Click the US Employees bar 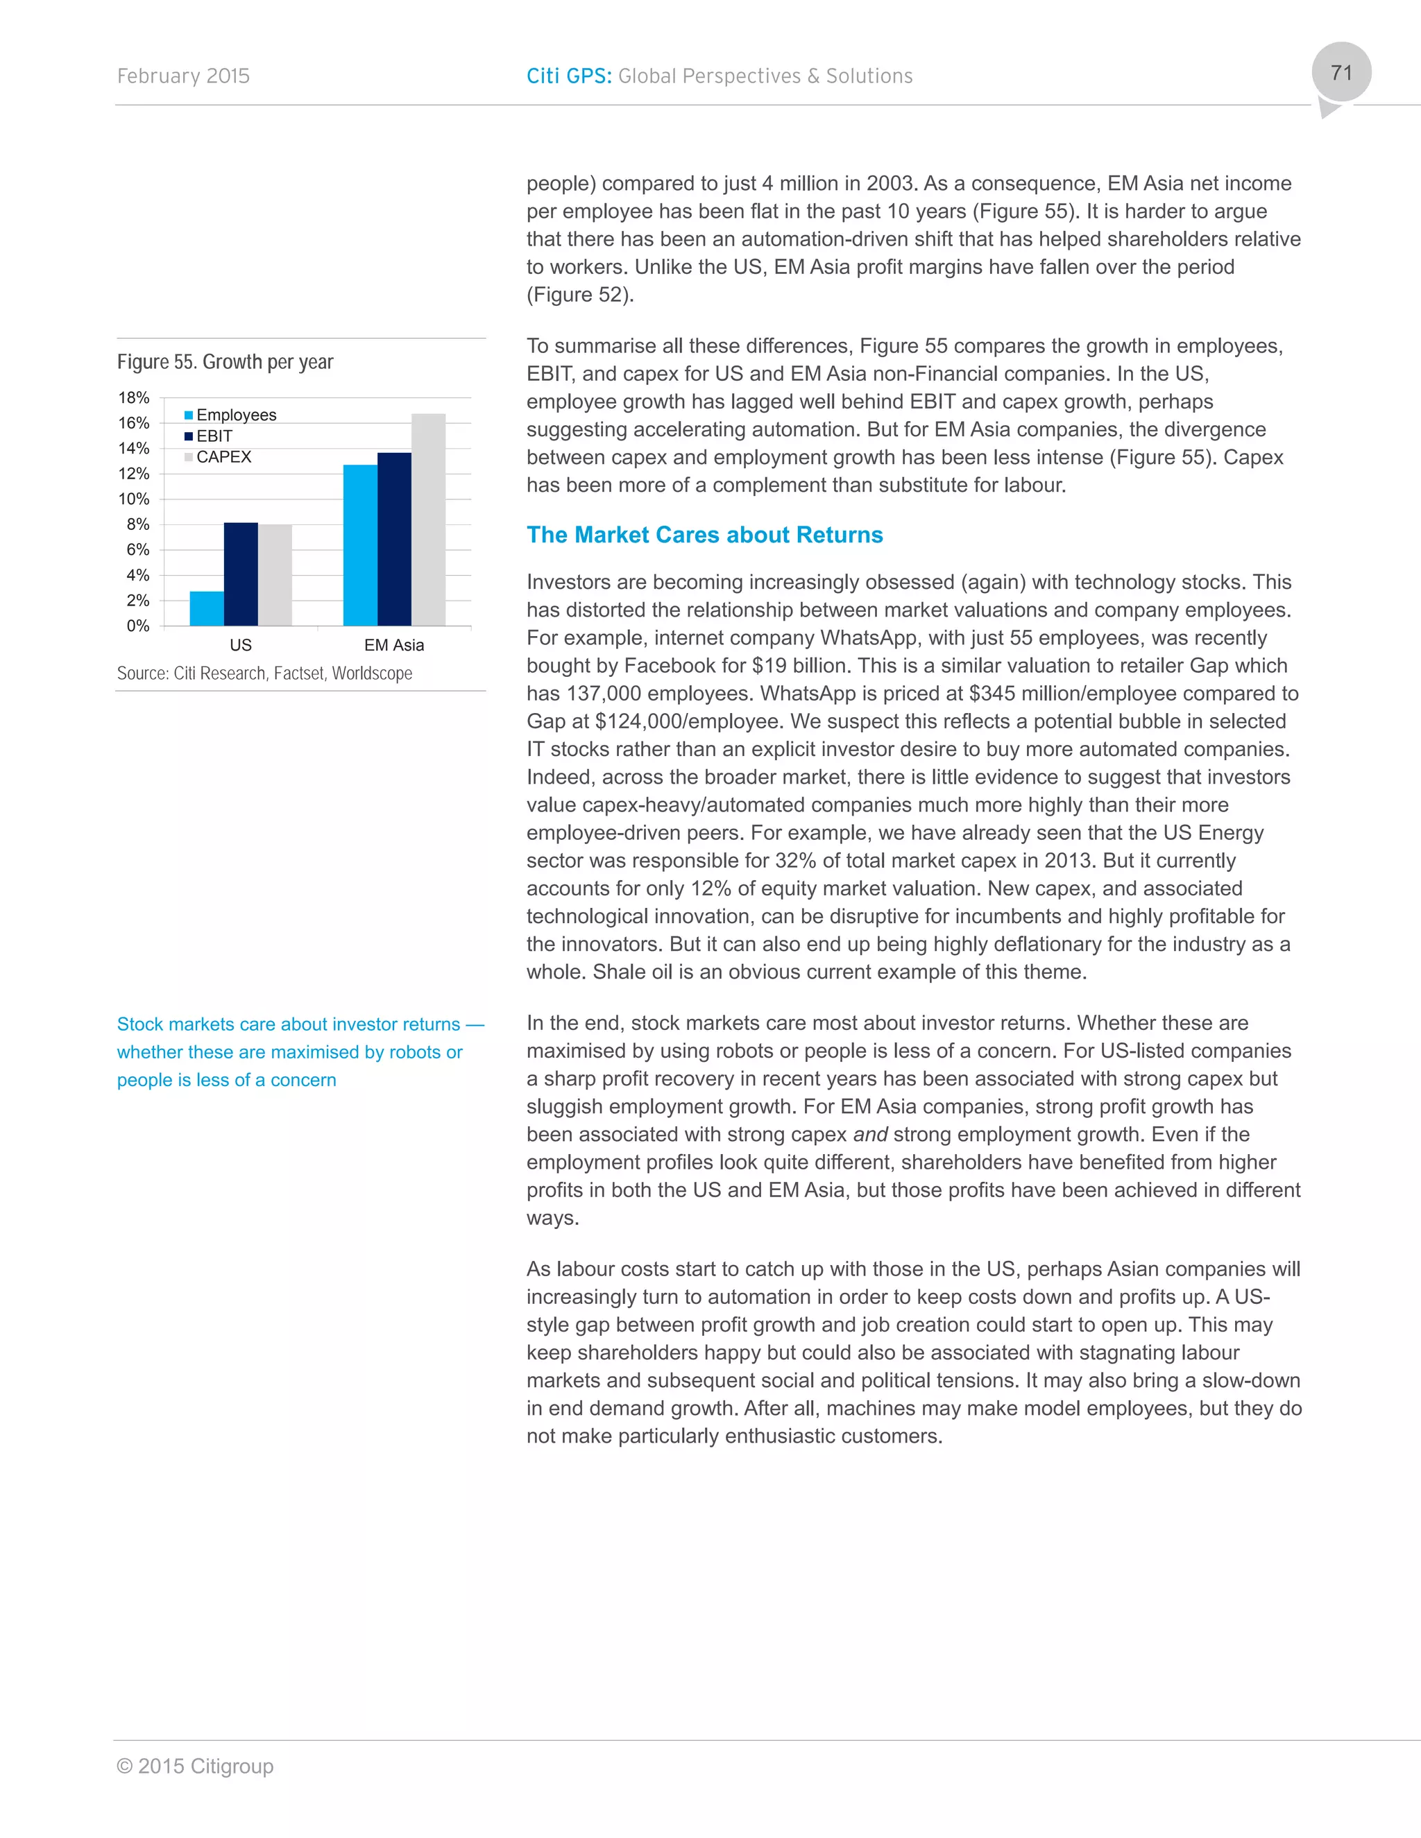coord(207,608)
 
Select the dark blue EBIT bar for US coord(241,574)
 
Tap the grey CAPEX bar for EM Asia coord(429,519)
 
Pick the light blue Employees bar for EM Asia coord(360,545)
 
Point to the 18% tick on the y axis coord(134,398)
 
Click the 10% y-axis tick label coord(134,499)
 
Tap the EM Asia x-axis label coord(394,646)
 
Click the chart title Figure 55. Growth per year coord(225,362)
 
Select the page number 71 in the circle coord(1341,74)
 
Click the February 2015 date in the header coord(183,76)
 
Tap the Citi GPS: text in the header coord(569,76)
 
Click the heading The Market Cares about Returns coord(705,535)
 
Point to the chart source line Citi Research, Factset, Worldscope coord(264,673)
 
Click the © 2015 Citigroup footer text coord(195,1766)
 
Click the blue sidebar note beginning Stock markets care coord(289,1052)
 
